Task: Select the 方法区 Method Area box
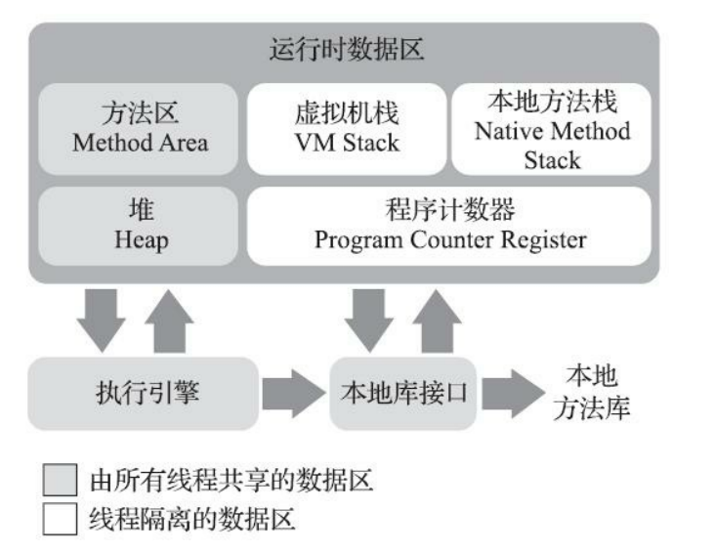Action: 140,128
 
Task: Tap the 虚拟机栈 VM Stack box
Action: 347,128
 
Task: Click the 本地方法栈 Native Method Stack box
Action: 552,128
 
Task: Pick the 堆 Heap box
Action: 140,226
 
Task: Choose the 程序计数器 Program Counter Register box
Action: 449,226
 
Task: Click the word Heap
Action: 140,239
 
